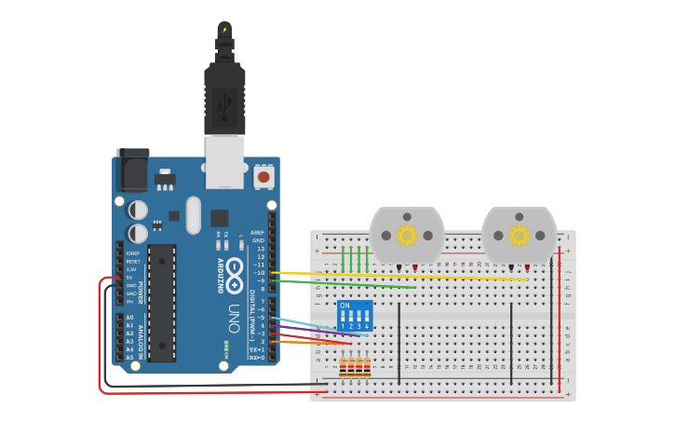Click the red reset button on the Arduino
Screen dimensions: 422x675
[263, 176]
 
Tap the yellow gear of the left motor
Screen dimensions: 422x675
[407, 236]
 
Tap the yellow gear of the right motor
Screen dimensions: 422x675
[519, 236]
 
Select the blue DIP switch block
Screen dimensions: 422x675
[355, 316]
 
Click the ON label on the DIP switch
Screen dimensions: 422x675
[344, 306]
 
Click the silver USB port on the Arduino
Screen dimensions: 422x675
[224, 160]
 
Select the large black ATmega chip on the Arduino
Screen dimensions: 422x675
[161, 302]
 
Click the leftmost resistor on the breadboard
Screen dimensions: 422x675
[344, 368]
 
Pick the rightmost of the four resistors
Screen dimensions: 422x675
[367, 368]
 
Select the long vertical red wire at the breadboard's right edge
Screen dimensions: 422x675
[560, 317]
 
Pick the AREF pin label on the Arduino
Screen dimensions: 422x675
[258, 232]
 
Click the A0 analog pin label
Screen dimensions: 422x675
[129, 318]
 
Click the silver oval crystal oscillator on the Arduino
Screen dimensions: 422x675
[193, 214]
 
